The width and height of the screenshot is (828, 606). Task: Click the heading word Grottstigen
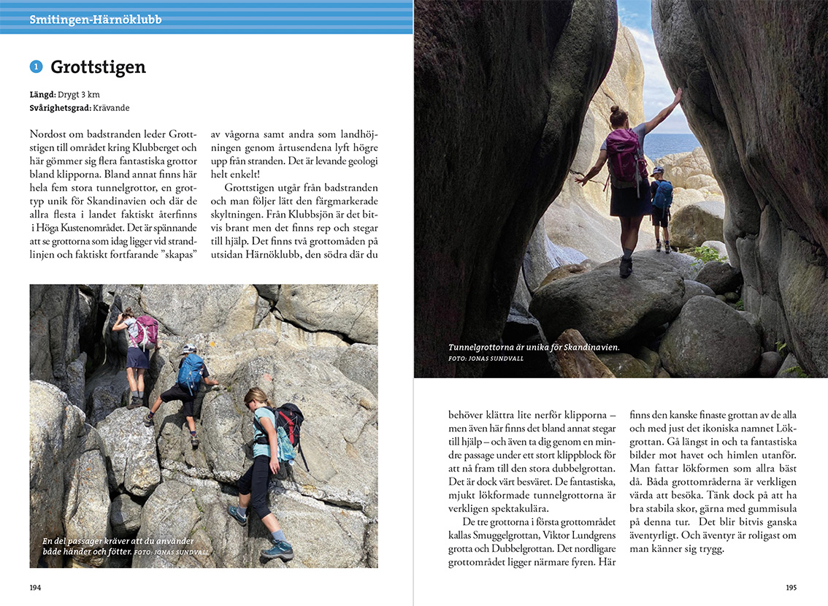coord(98,68)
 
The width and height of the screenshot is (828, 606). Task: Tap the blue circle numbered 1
coord(36,67)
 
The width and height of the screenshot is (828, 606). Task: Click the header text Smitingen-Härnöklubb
coord(96,20)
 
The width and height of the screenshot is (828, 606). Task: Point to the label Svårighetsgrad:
coord(61,108)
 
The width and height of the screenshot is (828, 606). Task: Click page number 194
coord(36,587)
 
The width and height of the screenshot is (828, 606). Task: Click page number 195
coord(791,587)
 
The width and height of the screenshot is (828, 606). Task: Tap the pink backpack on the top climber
coord(145,331)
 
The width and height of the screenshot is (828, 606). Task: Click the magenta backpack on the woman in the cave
coord(624,156)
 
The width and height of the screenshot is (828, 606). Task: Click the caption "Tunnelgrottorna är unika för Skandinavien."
coord(534,348)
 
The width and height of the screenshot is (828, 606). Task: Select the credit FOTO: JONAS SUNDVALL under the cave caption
coord(486,358)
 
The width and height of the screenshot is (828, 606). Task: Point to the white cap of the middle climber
coord(189,349)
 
